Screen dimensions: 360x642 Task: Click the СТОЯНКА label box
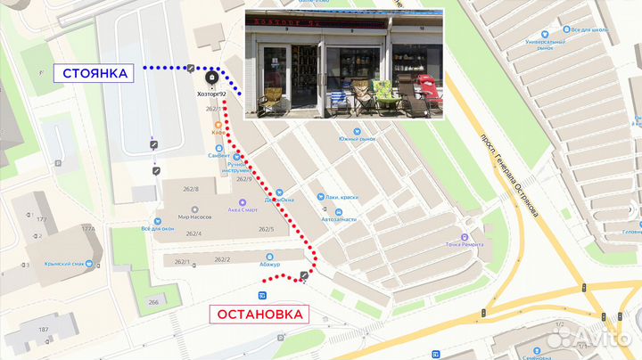pyautogui.click(x=102, y=72)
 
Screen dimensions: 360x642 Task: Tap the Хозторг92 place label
pyautogui.click(x=210, y=94)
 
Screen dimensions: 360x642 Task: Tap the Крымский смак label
pyautogui.click(x=65, y=265)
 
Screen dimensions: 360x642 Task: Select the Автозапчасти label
pyautogui.click(x=338, y=219)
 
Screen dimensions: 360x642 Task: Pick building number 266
pyautogui.click(x=152, y=302)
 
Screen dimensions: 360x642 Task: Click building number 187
pyautogui.click(x=42, y=330)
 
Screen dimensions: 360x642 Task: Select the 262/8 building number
pyautogui.click(x=192, y=189)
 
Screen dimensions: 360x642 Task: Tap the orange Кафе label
pyautogui.click(x=218, y=133)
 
